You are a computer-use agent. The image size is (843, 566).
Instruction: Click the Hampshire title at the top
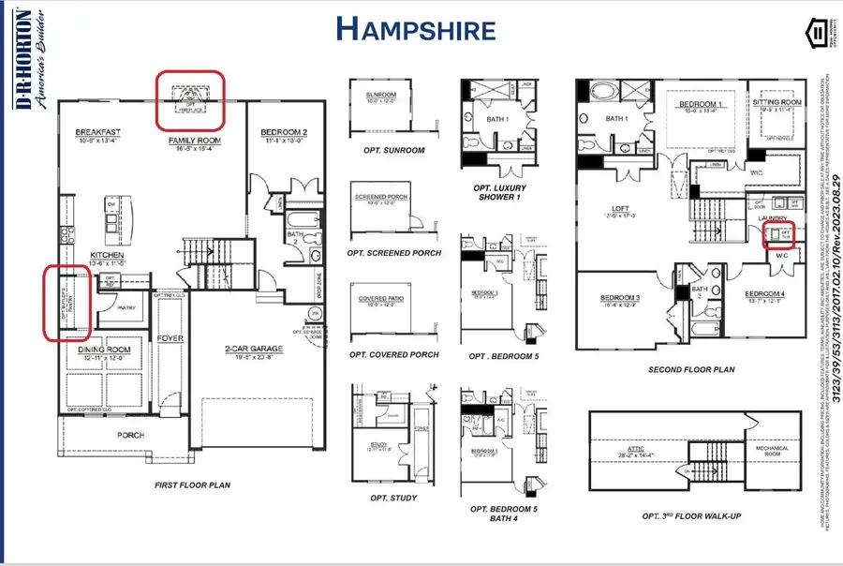415,29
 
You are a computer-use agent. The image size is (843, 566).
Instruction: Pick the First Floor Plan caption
193,485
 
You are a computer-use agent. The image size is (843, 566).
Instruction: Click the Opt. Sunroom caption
392,150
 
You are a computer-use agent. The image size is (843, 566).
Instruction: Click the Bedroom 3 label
619,297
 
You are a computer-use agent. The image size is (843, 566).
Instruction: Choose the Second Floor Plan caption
690,369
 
